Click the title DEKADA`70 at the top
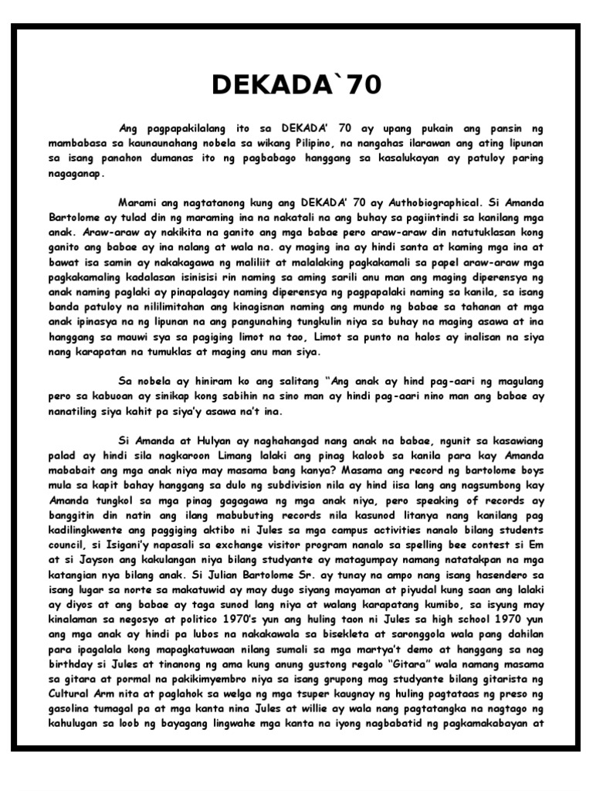pos(296,84)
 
